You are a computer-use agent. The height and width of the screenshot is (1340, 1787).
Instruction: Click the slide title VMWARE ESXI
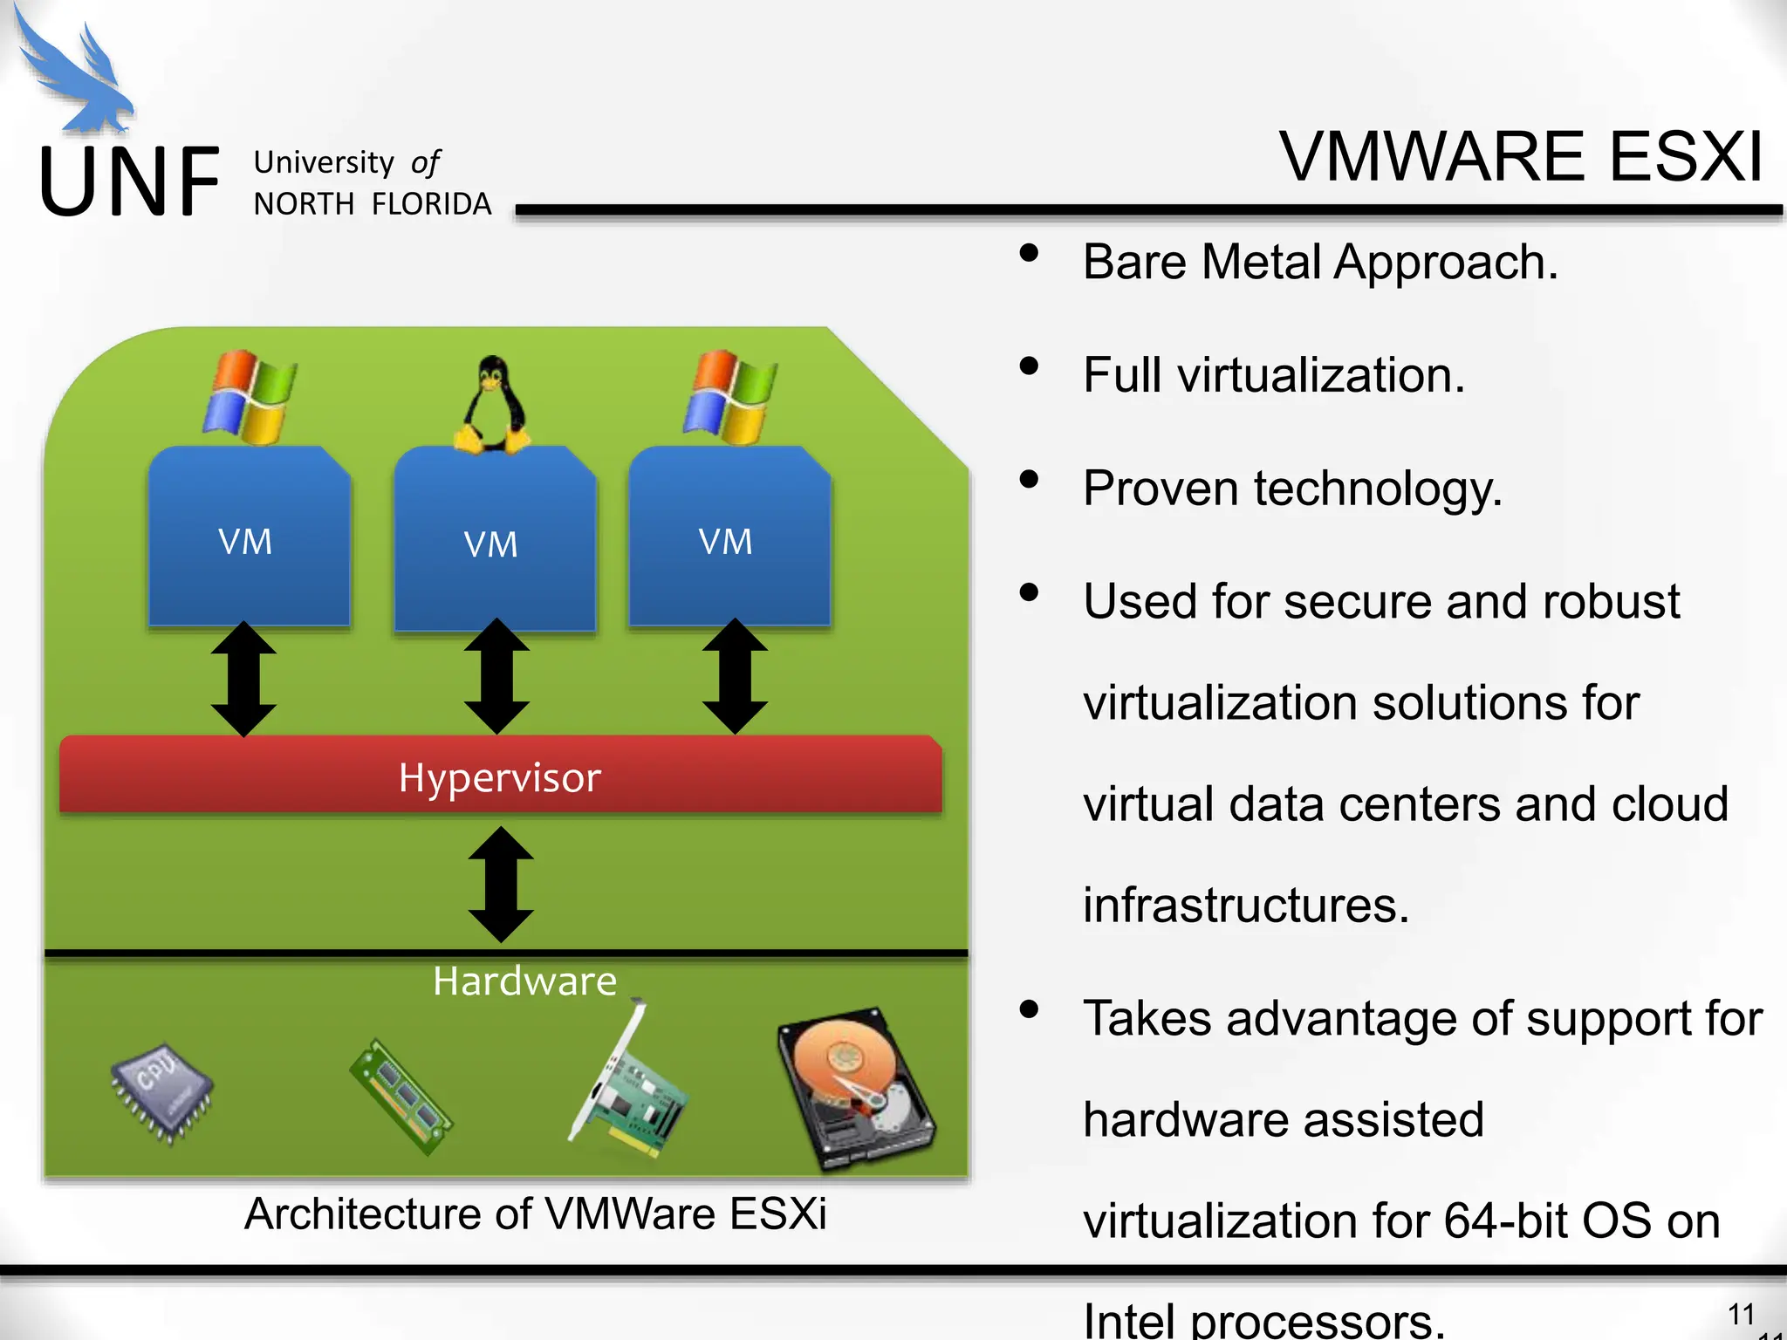pos(1521,157)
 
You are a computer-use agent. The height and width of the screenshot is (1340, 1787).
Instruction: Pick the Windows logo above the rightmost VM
pos(730,397)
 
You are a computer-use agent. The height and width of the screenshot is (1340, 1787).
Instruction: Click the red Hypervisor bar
pos(500,776)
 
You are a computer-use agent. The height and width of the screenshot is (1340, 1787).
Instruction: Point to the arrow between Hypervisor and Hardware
pos(501,884)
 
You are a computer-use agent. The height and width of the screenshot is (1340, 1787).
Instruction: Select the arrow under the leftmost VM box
pos(244,680)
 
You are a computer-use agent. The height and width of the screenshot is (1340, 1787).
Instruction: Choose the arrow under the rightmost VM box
pos(735,677)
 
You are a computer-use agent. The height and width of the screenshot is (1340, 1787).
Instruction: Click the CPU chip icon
pos(162,1091)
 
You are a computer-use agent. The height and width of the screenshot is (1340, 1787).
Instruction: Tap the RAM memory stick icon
pos(401,1096)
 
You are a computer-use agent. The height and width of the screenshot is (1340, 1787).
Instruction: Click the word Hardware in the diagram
pos(524,981)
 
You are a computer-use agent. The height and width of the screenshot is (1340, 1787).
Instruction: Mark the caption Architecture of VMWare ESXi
pos(535,1214)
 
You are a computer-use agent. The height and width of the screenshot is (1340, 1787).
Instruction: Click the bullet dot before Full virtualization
pos(1030,366)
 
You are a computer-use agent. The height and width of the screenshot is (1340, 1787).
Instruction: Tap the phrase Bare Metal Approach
pos(1319,262)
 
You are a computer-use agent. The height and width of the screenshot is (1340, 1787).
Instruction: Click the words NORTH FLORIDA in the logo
pos(373,204)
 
